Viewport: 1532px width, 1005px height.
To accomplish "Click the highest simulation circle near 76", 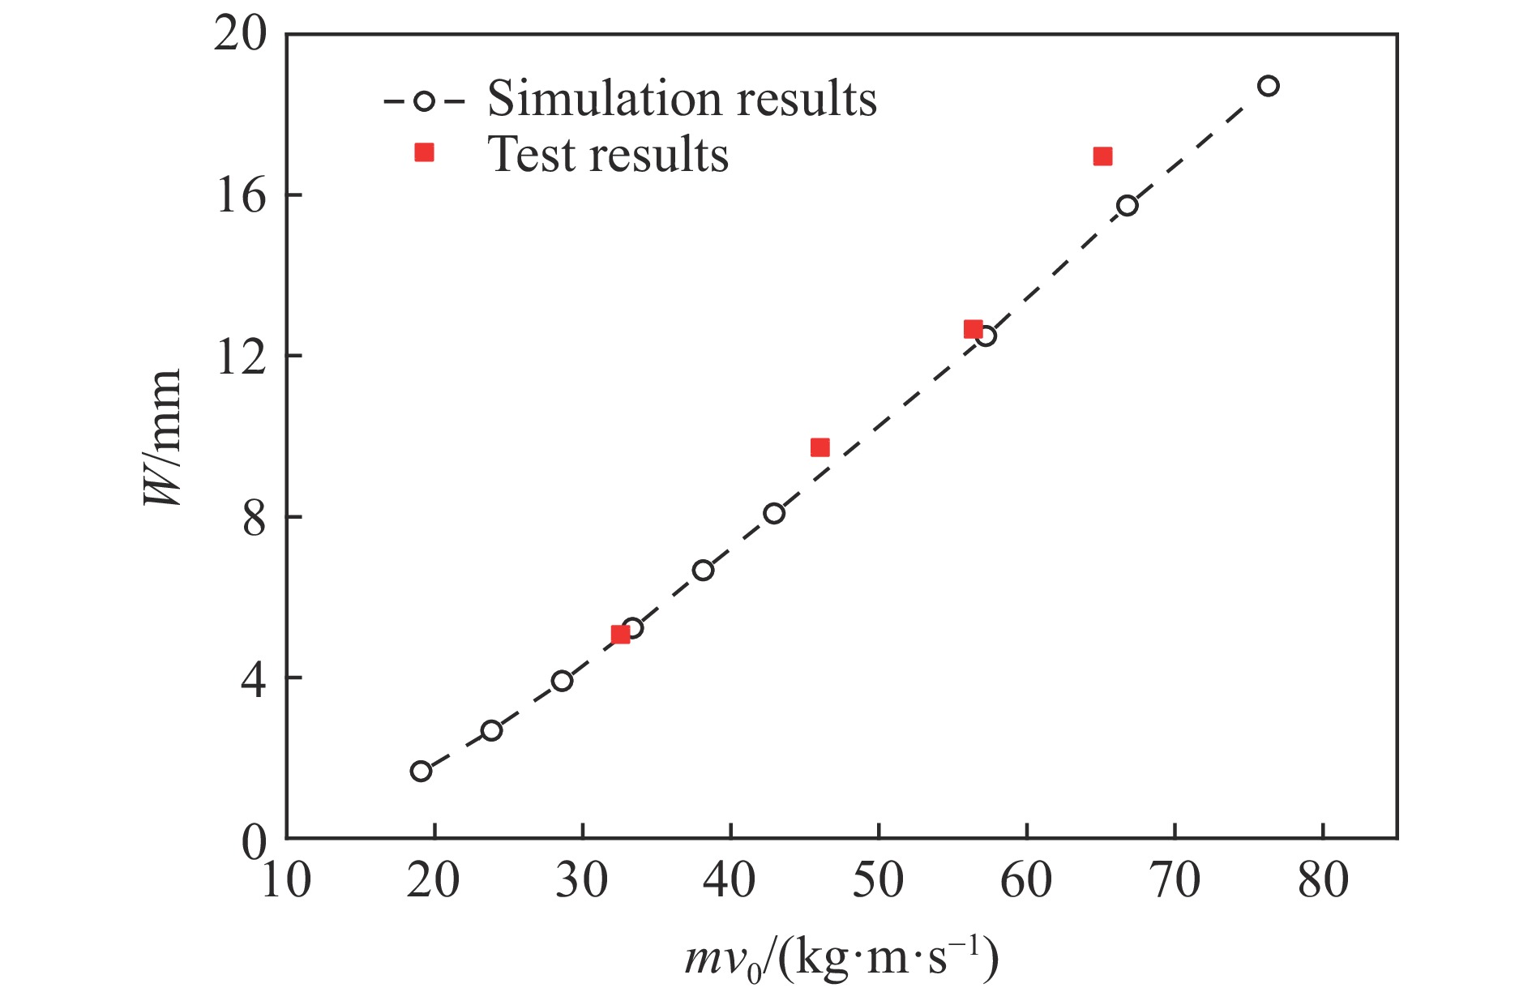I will coord(1269,86).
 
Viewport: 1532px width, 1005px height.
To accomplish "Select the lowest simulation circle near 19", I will coord(421,771).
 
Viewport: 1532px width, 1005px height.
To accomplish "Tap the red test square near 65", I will coord(1102,156).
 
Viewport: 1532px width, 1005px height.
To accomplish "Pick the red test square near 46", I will coord(819,447).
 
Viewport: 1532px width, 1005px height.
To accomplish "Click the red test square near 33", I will coord(620,634).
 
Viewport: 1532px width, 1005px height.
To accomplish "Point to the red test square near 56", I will coord(973,329).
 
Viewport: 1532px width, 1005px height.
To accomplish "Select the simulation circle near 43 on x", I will coord(774,513).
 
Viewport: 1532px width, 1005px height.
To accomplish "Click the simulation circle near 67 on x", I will coord(1128,205).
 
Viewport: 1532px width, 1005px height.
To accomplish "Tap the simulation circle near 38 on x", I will coord(703,570).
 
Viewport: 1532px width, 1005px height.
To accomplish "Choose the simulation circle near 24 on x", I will coord(491,730).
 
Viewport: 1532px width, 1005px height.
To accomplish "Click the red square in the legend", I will coord(424,152).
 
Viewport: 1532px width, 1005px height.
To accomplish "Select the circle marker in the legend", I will coord(424,101).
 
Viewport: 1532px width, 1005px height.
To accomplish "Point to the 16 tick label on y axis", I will coord(242,195).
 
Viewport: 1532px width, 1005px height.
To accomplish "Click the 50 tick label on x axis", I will coord(879,880).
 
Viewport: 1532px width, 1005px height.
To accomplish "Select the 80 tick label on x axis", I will coord(1323,880).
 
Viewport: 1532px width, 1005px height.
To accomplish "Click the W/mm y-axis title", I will coord(163,438).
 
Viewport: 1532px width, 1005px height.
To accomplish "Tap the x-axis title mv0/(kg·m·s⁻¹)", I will coord(841,960).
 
